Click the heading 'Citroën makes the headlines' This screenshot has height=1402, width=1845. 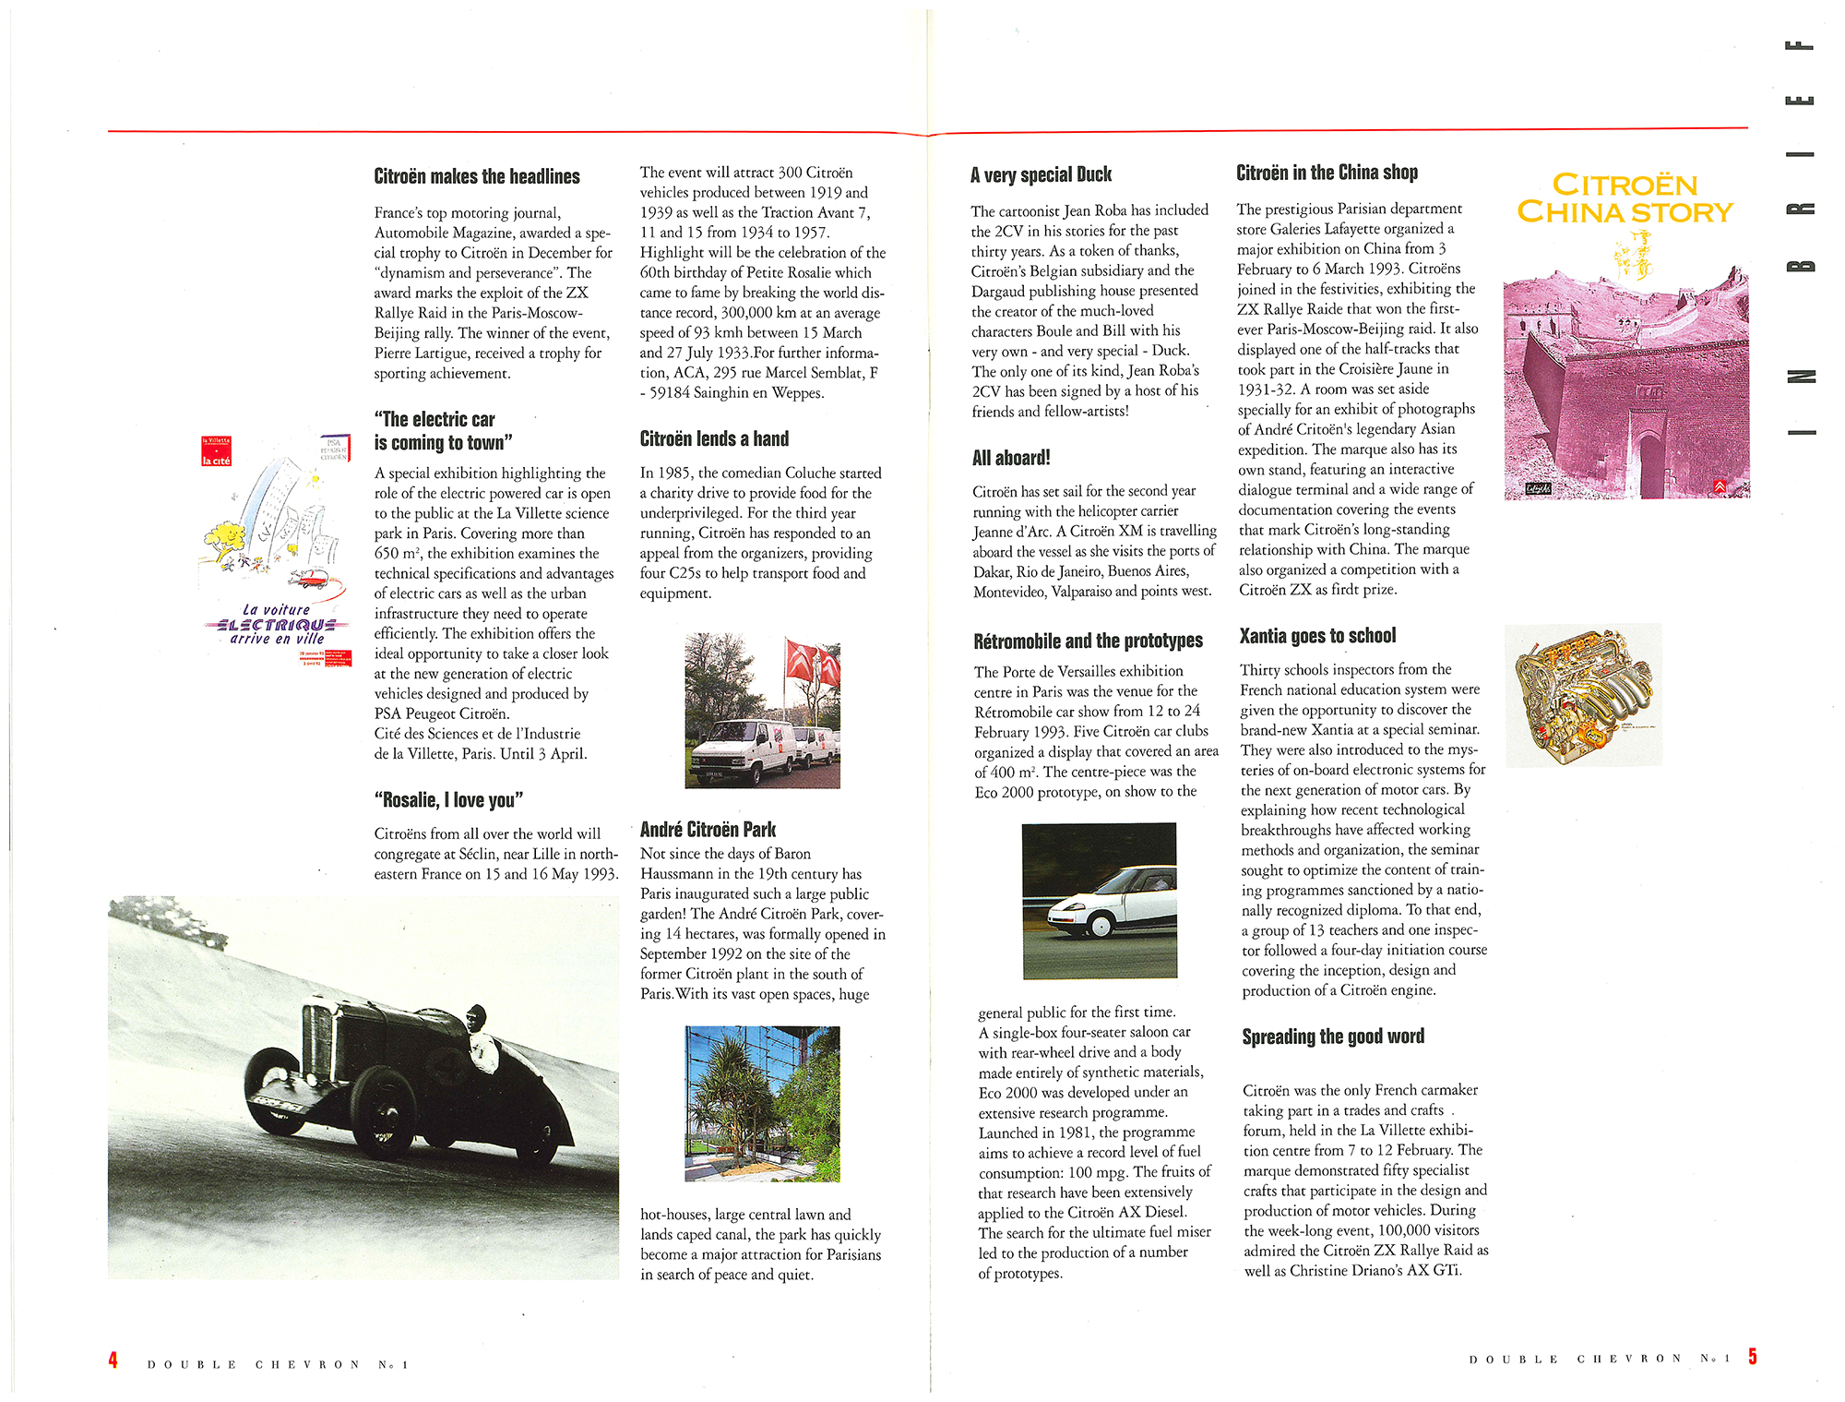[477, 176]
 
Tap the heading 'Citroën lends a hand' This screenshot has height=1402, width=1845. [714, 439]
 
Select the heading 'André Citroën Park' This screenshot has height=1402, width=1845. [708, 829]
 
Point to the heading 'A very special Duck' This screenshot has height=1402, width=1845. [1041, 174]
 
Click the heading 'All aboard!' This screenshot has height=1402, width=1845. [1011, 458]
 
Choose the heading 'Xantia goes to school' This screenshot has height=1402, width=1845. [1317, 636]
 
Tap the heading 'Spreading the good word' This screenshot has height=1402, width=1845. [1333, 1037]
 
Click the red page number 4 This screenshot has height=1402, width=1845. [113, 1360]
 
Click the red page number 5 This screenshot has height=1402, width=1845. [1752, 1356]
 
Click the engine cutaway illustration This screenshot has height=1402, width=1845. [1582, 694]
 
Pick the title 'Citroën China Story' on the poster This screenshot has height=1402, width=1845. [1625, 198]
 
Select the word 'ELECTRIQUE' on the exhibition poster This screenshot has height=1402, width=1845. [275, 625]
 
